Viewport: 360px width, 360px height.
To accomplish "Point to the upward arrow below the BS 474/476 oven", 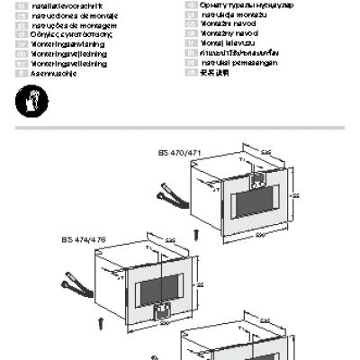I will point(99,319).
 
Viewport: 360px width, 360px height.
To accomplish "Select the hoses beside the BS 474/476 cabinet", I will point(75,288).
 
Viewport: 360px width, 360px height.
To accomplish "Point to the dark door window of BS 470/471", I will point(254,199).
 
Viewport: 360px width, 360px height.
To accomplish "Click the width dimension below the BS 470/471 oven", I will point(261,237).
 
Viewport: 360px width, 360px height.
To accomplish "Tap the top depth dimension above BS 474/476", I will point(170,240).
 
